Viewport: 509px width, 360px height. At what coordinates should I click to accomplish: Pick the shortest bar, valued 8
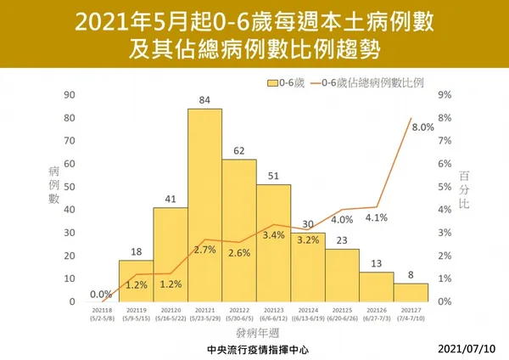411,293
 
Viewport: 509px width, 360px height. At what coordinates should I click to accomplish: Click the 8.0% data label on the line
422,127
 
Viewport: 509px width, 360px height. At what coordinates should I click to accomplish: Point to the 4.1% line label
377,218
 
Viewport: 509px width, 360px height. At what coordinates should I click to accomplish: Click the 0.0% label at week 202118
101,294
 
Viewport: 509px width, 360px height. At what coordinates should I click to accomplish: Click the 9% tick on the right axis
442,94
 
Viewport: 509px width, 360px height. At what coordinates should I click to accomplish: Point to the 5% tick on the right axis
442,187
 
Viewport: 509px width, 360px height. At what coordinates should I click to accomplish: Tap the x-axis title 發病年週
255,335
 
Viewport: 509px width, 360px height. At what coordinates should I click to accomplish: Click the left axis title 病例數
53,186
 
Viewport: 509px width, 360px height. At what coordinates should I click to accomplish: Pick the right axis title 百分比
463,188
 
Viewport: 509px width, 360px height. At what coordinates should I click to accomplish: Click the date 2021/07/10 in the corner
469,349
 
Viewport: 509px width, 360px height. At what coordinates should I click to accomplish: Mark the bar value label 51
273,176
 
